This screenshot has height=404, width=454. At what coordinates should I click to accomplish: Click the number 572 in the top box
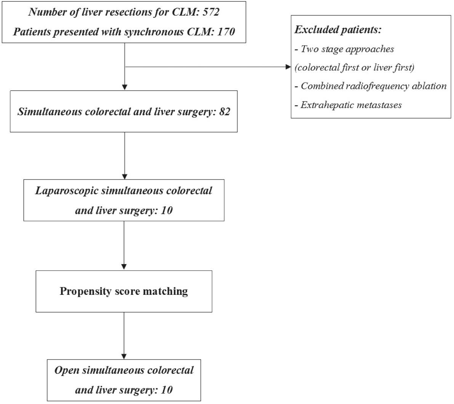211,12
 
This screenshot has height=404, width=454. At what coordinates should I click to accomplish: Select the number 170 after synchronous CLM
226,31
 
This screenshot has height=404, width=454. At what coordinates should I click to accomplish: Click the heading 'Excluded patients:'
337,30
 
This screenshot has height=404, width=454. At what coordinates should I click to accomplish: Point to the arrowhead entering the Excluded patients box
288,67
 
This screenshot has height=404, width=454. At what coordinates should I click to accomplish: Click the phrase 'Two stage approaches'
347,49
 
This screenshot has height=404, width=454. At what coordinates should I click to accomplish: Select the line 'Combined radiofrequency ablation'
373,86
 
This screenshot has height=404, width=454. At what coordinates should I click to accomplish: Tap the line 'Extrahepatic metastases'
351,105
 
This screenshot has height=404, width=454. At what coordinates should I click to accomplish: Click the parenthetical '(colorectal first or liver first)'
354,67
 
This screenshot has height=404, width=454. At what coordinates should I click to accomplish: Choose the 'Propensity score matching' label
124,291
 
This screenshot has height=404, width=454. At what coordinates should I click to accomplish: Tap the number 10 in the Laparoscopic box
166,210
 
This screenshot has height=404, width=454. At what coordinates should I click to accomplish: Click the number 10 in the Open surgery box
166,390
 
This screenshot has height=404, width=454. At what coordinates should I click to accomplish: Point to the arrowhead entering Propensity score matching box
124,267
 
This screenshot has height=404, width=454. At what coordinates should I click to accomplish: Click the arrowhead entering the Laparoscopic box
124,176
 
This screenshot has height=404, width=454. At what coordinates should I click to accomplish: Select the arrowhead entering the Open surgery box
124,356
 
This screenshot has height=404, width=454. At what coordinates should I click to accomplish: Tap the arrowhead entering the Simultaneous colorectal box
124,87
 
